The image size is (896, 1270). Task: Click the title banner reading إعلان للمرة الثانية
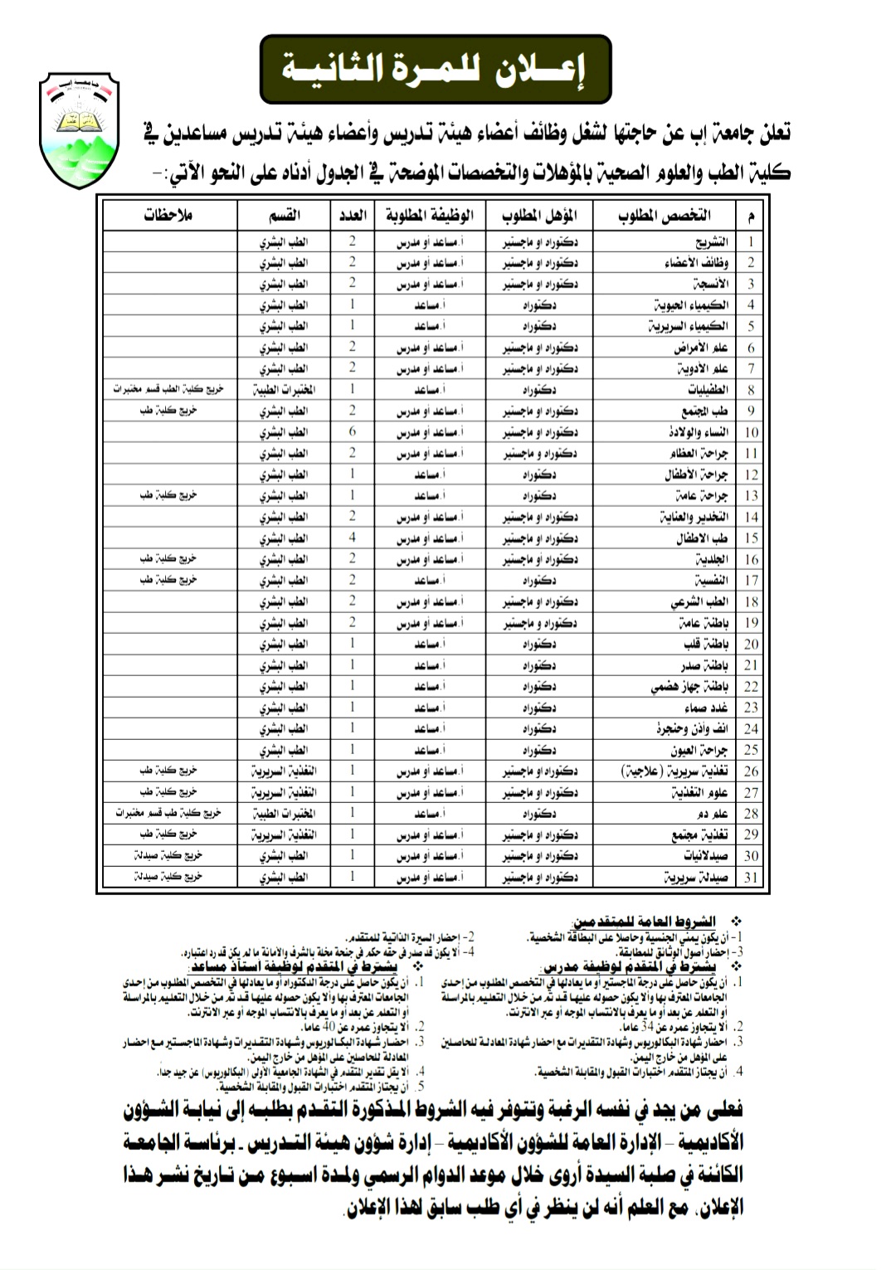[x=435, y=69]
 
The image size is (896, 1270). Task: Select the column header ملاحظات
[x=168, y=216]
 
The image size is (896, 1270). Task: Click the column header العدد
[x=352, y=216]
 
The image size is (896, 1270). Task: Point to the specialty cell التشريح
[x=711, y=241]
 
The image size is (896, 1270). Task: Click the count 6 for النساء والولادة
[x=352, y=432]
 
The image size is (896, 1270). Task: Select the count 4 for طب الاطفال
[x=352, y=538]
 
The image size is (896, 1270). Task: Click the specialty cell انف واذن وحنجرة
[x=692, y=729]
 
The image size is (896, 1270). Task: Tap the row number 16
[x=751, y=560]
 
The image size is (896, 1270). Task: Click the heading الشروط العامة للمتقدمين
[x=643, y=922]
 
